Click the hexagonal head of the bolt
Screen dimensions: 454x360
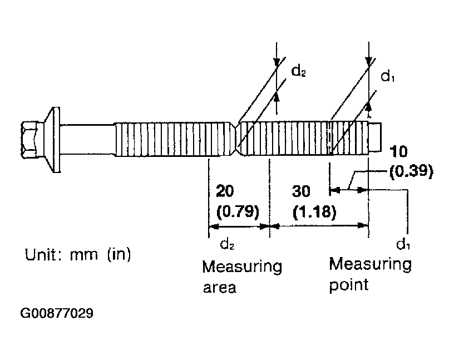pyautogui.click(x=29, y=140)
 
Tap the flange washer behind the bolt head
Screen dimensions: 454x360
pyautogui.click(x=54, y=140)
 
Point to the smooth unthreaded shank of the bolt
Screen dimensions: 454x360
pyautogui.click(x=87, y=140)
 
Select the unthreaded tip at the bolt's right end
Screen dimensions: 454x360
pyautogui.click(x=375, y=136)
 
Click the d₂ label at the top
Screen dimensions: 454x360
pyautogui.click(x=298, y=71)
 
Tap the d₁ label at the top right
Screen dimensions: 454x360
pyautogui.click(x=387, y=77)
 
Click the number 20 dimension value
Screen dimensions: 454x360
pyautogui.click(x=225, y=191)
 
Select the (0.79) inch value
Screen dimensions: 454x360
pyautogui.click(x=238, y=211)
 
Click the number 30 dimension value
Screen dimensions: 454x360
pyautogui.click(x=301, y=191)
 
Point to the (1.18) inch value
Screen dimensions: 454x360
pyautogui.click(x=314, y=211)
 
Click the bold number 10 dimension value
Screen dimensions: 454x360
pyautogui.click(x=398, y=152)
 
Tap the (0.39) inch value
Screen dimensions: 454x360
pyautogui.click(x=411, y=172)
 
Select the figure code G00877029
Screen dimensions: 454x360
pyautogui.click(x=57, y=313)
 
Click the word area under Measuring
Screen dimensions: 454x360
pyautogui.click(x=220, y=288)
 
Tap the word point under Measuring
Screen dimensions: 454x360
pyautogui.click(x=349, y=285)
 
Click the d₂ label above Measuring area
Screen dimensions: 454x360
pyautogui.click(x=227, y=244)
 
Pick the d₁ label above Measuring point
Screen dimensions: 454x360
pyautogui.click(x=403, y=244)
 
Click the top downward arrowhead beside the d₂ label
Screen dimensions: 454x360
pyautogui.click(x=277, y=62)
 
